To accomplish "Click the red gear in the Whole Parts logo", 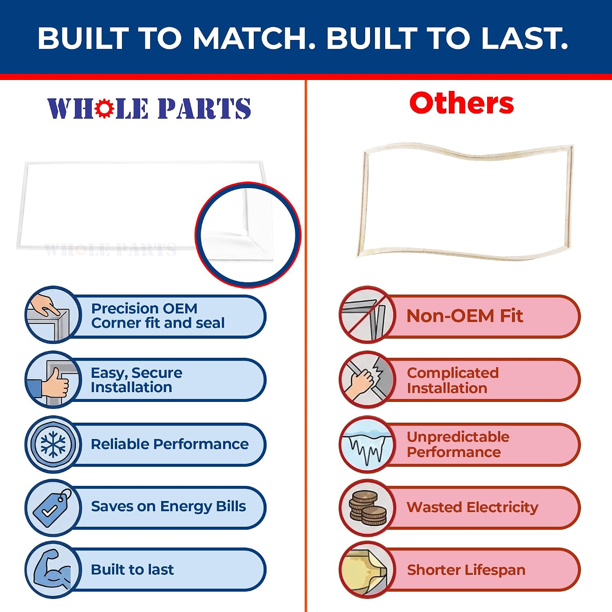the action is [x=105, y=108].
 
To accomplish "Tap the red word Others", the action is [x=461, y=103].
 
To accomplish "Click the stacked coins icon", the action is [x=368, y=507].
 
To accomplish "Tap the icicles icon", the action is [x=368, y=444].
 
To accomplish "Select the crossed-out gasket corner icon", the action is [x=368, y=314].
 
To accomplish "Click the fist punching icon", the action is [x=368, y=379].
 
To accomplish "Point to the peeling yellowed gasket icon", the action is [x=368, y=570].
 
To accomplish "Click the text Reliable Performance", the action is [x=170, y=444].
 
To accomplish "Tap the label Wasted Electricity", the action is [x=472, y=507].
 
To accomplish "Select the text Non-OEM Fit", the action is [x=465, y=316].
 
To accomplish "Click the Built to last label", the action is [x=132, y=570].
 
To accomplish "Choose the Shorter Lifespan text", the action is [x=466, y=570].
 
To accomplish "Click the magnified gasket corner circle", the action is [x=248, y=235].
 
